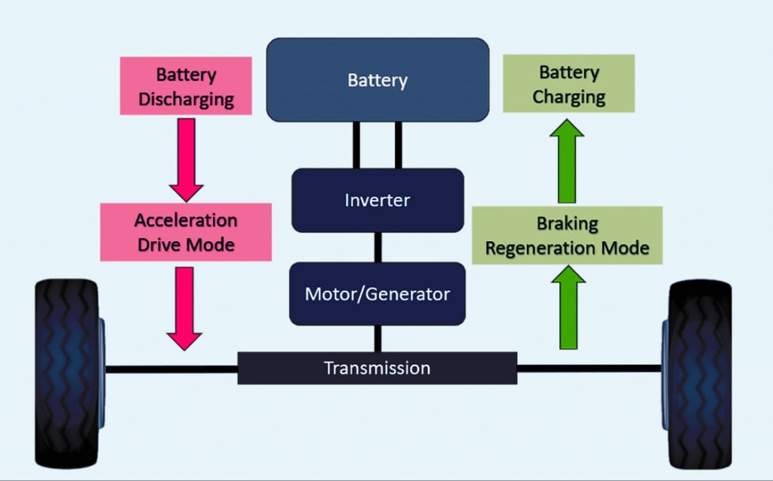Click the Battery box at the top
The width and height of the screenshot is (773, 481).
(x=377, y=79)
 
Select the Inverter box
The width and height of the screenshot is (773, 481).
(x=377, y=200)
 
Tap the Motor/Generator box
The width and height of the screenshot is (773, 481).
(x=377, y=293)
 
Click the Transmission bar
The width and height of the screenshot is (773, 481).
(x=377, y=368)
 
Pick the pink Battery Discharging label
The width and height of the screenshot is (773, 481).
(x=186, y=87)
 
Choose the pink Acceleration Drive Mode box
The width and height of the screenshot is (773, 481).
(x=186, y=232)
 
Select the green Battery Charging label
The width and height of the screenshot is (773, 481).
(x=569, y=85)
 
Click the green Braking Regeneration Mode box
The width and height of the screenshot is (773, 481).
(x=567, y=236)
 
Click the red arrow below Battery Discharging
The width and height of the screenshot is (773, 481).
(x=186, y=159)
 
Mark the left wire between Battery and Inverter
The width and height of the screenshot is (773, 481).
(x=356, y=145)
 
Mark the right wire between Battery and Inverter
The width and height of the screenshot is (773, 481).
(x=399, y=145)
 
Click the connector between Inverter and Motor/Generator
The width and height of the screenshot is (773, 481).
(x=377, y=247)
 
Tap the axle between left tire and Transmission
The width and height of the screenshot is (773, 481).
(x=171, y=368)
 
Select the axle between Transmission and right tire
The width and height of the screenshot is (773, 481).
(x=589, y=368)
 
